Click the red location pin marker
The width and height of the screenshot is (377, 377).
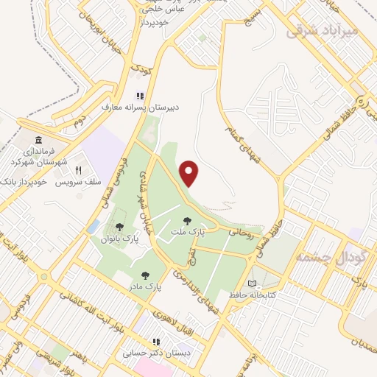tap(190, 173)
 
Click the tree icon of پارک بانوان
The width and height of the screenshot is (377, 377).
tap(119, 228)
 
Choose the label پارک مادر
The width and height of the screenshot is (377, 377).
tap(144, 285)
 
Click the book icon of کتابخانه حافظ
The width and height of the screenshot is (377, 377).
tap(253, 283)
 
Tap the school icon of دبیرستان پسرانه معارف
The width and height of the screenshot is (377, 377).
tap(138, 95)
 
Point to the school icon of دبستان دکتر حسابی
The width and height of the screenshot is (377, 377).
tap(156, 342)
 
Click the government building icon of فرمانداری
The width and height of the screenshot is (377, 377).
tap(38, 140)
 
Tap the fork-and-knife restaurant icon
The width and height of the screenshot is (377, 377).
tap(89, 169)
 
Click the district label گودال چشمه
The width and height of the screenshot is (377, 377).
tap(324, 257)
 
